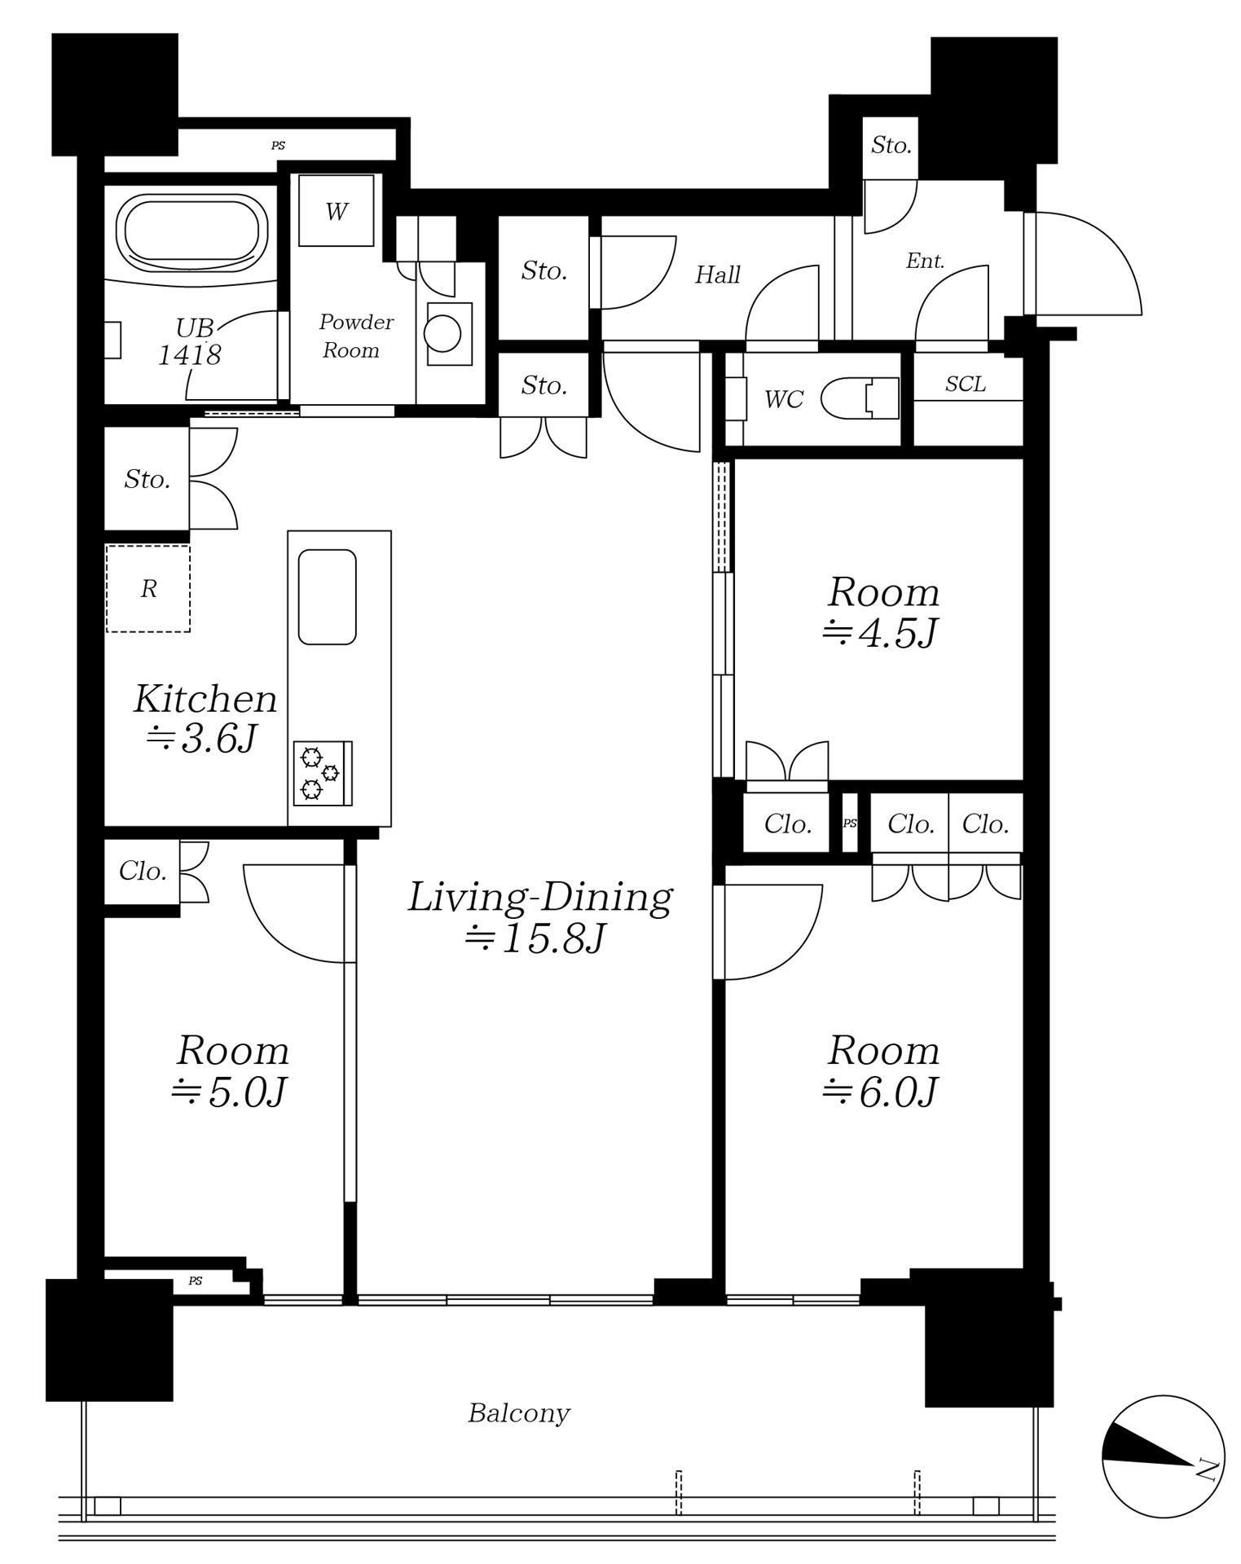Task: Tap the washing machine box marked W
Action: coord(336,211)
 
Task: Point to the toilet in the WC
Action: coord(860,399)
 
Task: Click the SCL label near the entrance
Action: coord(966,384)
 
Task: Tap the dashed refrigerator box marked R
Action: coord(147,588)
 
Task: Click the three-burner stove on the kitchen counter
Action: coord(323,773)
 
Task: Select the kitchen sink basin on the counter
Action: coord(328,597)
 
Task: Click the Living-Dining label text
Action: coord(539,897)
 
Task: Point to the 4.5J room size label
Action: coord(880,634)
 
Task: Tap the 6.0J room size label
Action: coord(881,1092)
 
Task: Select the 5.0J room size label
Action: coord(229,1092)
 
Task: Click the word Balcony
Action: coord(519,1413)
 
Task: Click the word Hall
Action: coord(717,275)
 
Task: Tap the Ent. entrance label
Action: coord(926,261)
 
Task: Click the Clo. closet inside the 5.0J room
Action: coord(143,872)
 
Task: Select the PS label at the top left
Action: coord(278,146)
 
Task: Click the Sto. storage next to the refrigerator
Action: coord(147,480)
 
